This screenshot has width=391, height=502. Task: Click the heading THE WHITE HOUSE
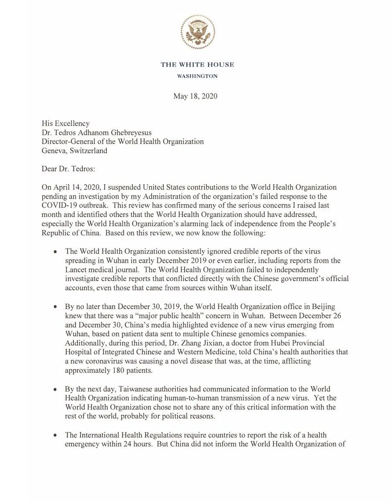pyautogui.click(x=197, y=64)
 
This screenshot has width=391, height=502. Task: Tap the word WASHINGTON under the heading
pyautogui.click(x=197, y=76)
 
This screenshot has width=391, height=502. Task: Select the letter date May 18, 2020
pyautogui.click(x=195, y=96)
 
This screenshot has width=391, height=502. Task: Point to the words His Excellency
pyautogui.click(x=66, y=123)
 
